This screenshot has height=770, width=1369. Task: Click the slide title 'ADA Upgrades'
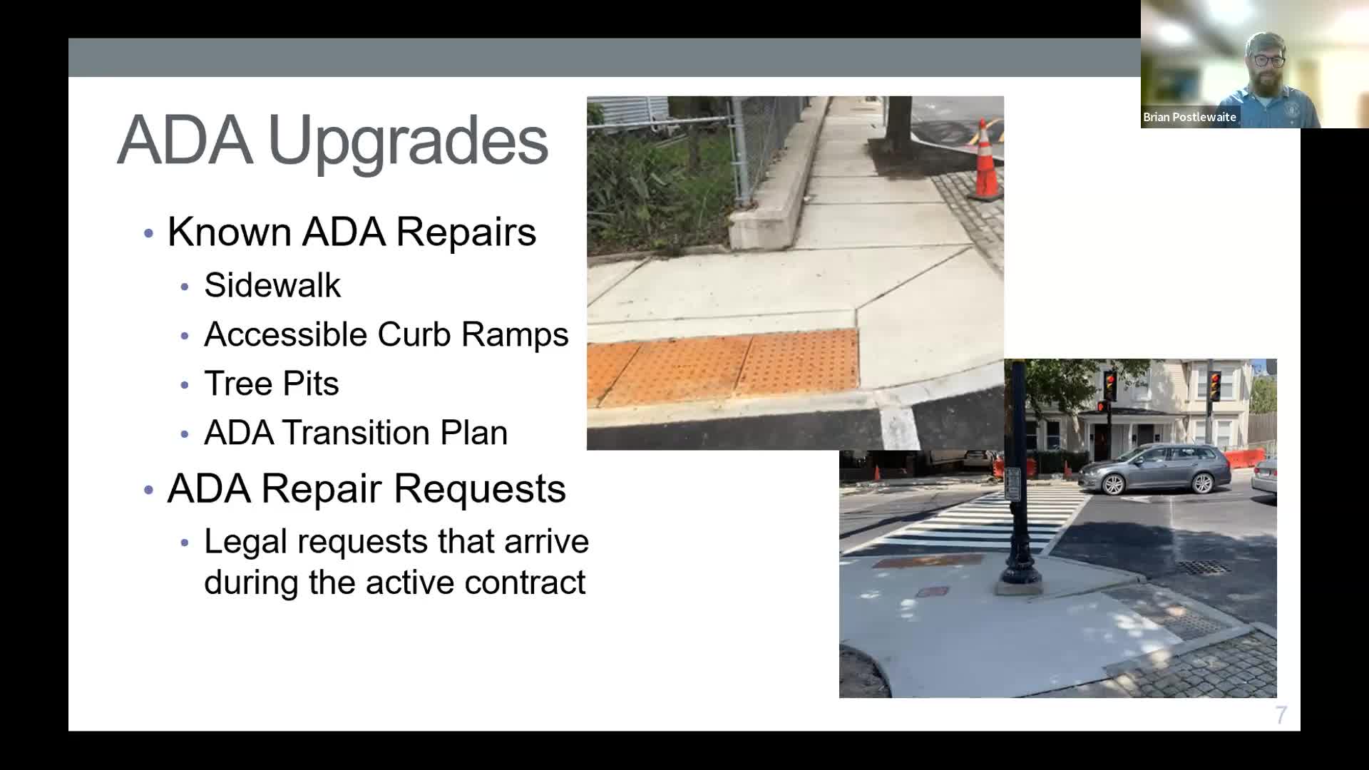pyautogui.click(x=332, y=140)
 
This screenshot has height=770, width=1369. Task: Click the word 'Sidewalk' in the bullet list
pyautogui.click(x=272, y=285)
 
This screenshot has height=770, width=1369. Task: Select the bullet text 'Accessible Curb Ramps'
pyautogui.click(x=386, y=334)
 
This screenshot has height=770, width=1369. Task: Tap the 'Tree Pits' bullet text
pyautogui.click(x=271, y=384)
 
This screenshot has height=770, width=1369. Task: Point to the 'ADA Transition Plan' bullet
pyautogui.click(x=356, y=433)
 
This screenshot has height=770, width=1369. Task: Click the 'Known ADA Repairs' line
pyautogui.click(x=352, y=232)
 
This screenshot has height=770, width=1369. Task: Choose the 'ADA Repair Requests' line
pyautogui.click(x=366, y=489)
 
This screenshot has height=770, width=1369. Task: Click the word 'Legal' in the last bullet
pyautogui.click(x=245, y=542)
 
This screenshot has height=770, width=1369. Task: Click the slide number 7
pyautogui.click(x=1281, y=715)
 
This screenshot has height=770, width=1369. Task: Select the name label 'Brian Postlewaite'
pyautogui.click(x=1189, y=117)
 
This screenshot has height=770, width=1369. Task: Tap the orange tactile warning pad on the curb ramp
pyautogui.click(x=724, y=367)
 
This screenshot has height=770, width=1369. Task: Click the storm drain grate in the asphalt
pyautogui.click(x=1204, y=568)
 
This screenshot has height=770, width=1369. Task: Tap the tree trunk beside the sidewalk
pyautogui.click(x=898, y=121)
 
